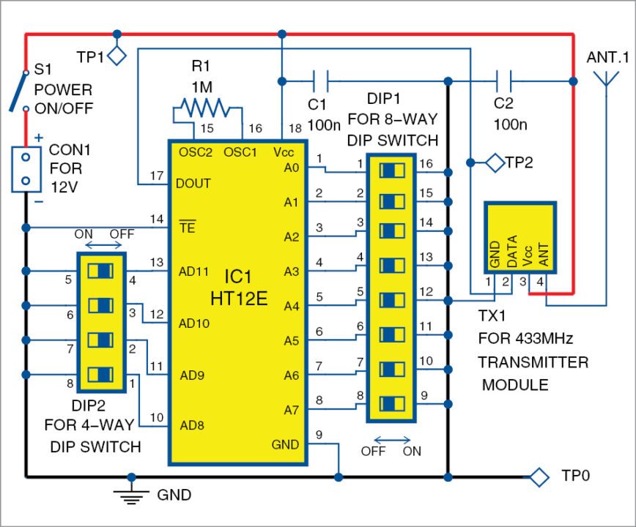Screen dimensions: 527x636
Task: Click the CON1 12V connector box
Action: pyautogui.click(x=26, y=168)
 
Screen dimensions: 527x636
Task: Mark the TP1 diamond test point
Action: pyautogui.click(x=117, y=55)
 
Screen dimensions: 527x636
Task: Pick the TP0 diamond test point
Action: pyautogui.click(x=540, y=476)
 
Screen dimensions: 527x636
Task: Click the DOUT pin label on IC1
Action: pyautogui.click(x=194, y=184)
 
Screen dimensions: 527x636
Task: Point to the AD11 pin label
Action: pyautogui.click(x=193, y=270)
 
